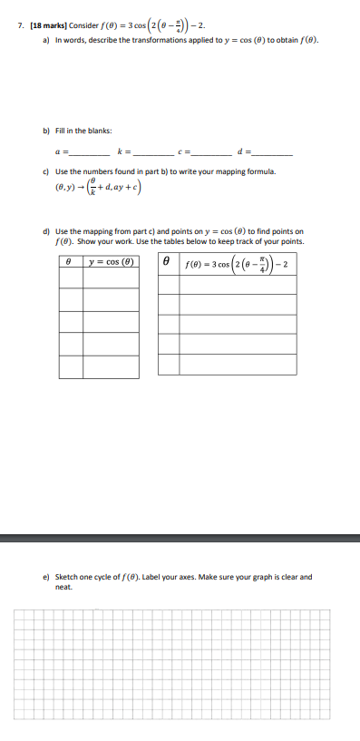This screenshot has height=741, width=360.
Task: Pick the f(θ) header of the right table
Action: point(237,264)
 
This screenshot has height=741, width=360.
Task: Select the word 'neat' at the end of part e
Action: point(63,586)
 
